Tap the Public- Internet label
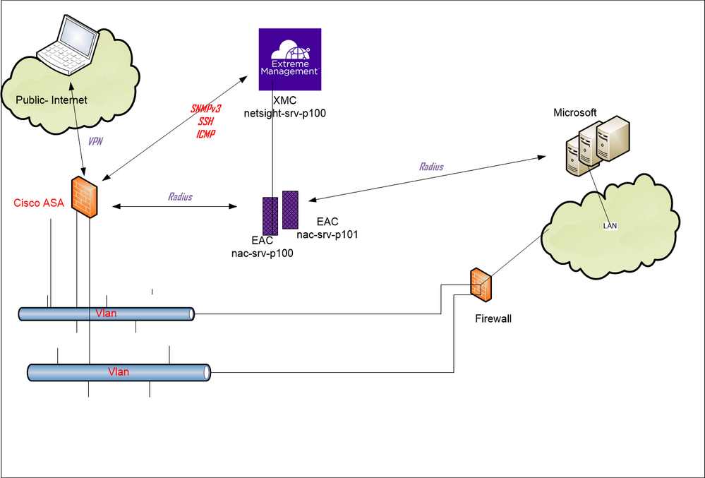(52, 100)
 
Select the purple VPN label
(95, 141)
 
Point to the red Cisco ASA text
(38, 203)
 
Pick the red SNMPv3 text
(206, 109)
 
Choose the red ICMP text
(206, 133)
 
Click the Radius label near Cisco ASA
(180, 197)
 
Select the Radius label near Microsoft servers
(431, 167)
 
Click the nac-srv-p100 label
(263, 253)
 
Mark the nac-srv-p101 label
(328, 234)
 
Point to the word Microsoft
(574, 113)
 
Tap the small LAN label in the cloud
(610, 226)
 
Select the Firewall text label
(493, 319)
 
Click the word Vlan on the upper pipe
(106, 313)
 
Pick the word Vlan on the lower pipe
(118, 371)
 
